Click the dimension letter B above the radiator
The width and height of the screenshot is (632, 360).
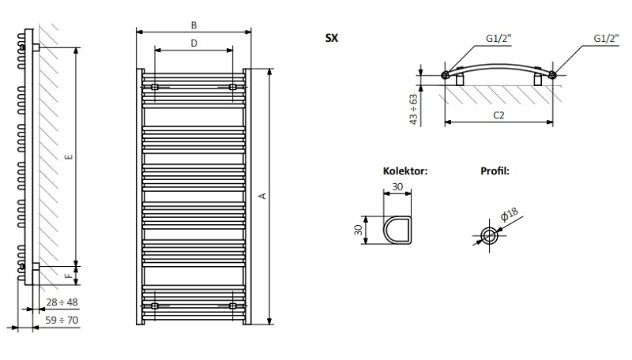194,24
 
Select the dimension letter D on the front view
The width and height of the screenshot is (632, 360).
194,43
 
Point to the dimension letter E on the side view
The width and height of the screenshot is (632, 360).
69,157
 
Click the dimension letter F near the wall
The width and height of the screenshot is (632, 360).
69,276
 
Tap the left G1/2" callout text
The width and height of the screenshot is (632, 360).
498,37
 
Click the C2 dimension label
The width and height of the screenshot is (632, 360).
498,115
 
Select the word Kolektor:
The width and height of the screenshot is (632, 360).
405,171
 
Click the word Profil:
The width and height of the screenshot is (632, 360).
495,171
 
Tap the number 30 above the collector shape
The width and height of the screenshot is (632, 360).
397,186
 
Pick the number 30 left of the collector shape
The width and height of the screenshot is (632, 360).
358,229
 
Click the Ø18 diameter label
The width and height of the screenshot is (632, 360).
508,213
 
